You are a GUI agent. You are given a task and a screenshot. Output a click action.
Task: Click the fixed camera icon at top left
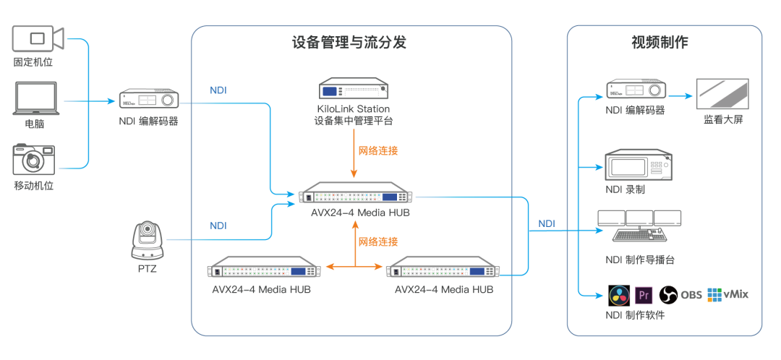[x=38, y=38]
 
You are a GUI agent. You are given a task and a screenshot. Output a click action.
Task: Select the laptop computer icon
[x=35, y=98]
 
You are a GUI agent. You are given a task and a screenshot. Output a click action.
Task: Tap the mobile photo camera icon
[x=34, y=160]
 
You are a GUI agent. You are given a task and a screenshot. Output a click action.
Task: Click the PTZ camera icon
[x=148, y=241]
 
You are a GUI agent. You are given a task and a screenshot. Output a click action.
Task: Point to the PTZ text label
[x=147, y=269]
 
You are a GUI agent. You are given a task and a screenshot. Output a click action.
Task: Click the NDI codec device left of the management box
[x=148, y=99]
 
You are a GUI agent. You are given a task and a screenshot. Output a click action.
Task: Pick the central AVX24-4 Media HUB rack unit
[x=358, y=197]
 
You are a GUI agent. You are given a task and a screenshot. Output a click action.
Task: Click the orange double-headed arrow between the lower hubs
[x=354, y=267]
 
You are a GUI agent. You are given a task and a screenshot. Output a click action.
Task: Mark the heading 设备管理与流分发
[x=349, y=42]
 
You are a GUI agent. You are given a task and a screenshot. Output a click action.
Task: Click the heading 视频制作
[x=660, y=42]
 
